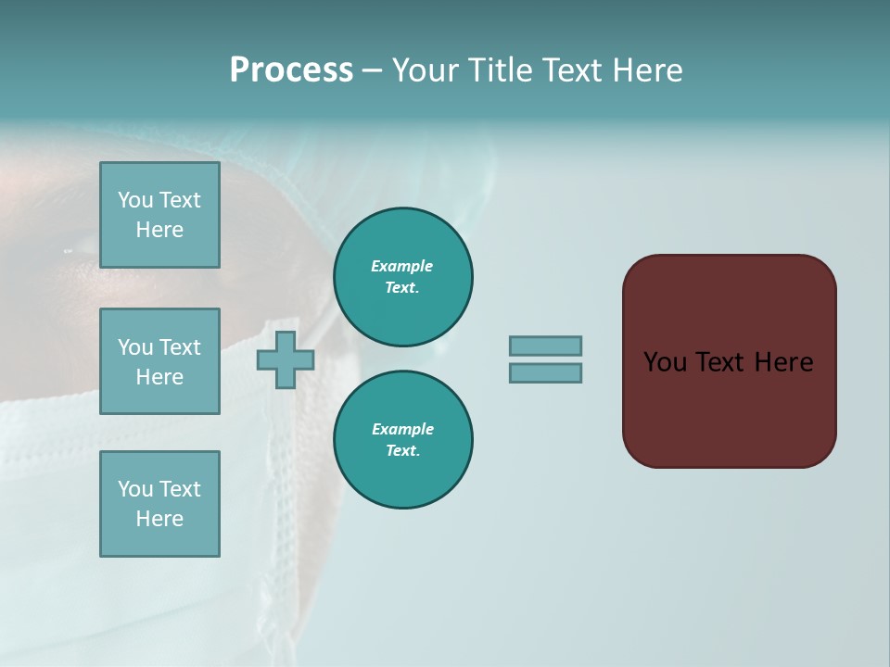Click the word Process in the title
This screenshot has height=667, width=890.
[291, 69]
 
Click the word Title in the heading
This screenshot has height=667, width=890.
[499, 69]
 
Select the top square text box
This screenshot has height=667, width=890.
[159, 215]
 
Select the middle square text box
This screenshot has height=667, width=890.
[159, 361]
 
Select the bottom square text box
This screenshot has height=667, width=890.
[159, 504]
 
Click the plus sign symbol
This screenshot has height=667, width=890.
[286, 359]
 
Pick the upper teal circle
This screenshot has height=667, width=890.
[403, 277]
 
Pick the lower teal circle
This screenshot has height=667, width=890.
[403, 440]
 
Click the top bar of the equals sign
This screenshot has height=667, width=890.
[545, 346]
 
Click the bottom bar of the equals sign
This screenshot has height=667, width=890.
[545, 373]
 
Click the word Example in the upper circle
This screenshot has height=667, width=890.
[402, 266]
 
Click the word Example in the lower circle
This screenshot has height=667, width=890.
[402, 429]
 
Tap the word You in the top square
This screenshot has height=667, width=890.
[134, 200]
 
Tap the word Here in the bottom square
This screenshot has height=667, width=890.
[159, 519]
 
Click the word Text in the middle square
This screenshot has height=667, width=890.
[180, 347]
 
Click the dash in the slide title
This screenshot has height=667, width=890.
[372, 70]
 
